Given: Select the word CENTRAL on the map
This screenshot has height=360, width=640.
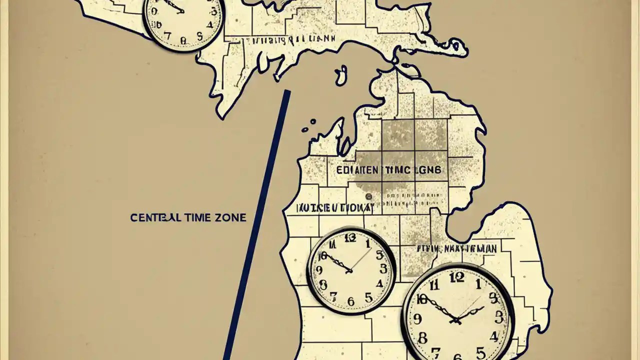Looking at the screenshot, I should [x=152, y=218].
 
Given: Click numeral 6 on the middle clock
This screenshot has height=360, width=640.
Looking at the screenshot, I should [x=351, y=301].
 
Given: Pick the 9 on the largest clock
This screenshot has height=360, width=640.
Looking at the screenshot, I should [x=417, y=318].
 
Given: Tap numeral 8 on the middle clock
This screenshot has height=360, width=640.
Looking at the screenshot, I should [x=323, y=285].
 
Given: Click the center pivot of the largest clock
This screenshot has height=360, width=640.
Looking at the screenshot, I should [x=456, y=320].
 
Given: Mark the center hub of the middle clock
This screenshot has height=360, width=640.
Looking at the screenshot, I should [x=350, y=270].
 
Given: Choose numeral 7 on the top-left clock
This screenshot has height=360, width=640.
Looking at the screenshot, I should [x=168, y=36].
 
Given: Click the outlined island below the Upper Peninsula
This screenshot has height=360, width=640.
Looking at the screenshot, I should [x=340, y=76].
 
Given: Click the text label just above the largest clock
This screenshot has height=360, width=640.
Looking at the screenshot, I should [x=456, y=248].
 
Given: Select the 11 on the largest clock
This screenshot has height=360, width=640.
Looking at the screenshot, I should [x=434, y=284].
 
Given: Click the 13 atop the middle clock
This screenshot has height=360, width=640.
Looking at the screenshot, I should [x=350, y=237].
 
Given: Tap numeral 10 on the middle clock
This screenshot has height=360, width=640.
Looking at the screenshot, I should [x=322, y=256].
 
